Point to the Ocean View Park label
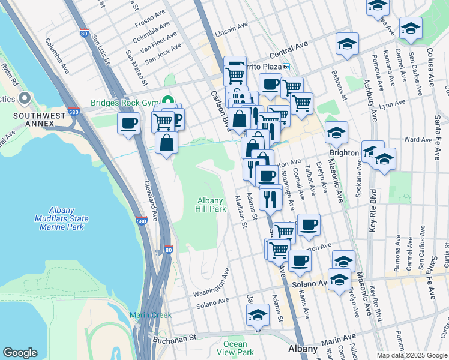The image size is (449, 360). coord(235,348)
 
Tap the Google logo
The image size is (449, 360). coord(20,352)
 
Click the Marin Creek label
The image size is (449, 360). coord(151,315)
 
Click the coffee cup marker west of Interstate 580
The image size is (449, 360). coord(129,124)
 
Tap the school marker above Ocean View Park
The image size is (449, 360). coord(258,315)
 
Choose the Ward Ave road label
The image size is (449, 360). coord(418,139)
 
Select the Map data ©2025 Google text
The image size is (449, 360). coord(411,355)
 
